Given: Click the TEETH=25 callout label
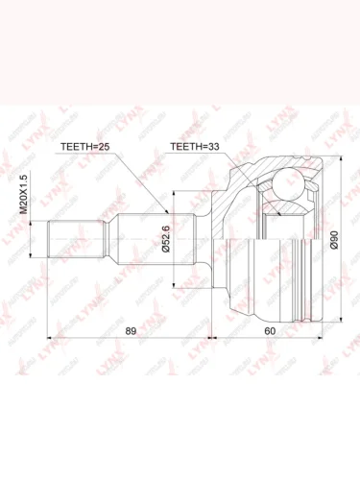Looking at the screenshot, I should point(91,146).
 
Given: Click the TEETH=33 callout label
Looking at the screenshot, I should point(200,146).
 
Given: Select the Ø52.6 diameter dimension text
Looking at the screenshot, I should point(165,236).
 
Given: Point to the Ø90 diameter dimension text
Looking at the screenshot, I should point(331,237).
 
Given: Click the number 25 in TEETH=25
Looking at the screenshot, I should point(111,146).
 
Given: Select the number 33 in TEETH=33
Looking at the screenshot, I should point(220,146).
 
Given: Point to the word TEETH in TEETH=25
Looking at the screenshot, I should point(80,146).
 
